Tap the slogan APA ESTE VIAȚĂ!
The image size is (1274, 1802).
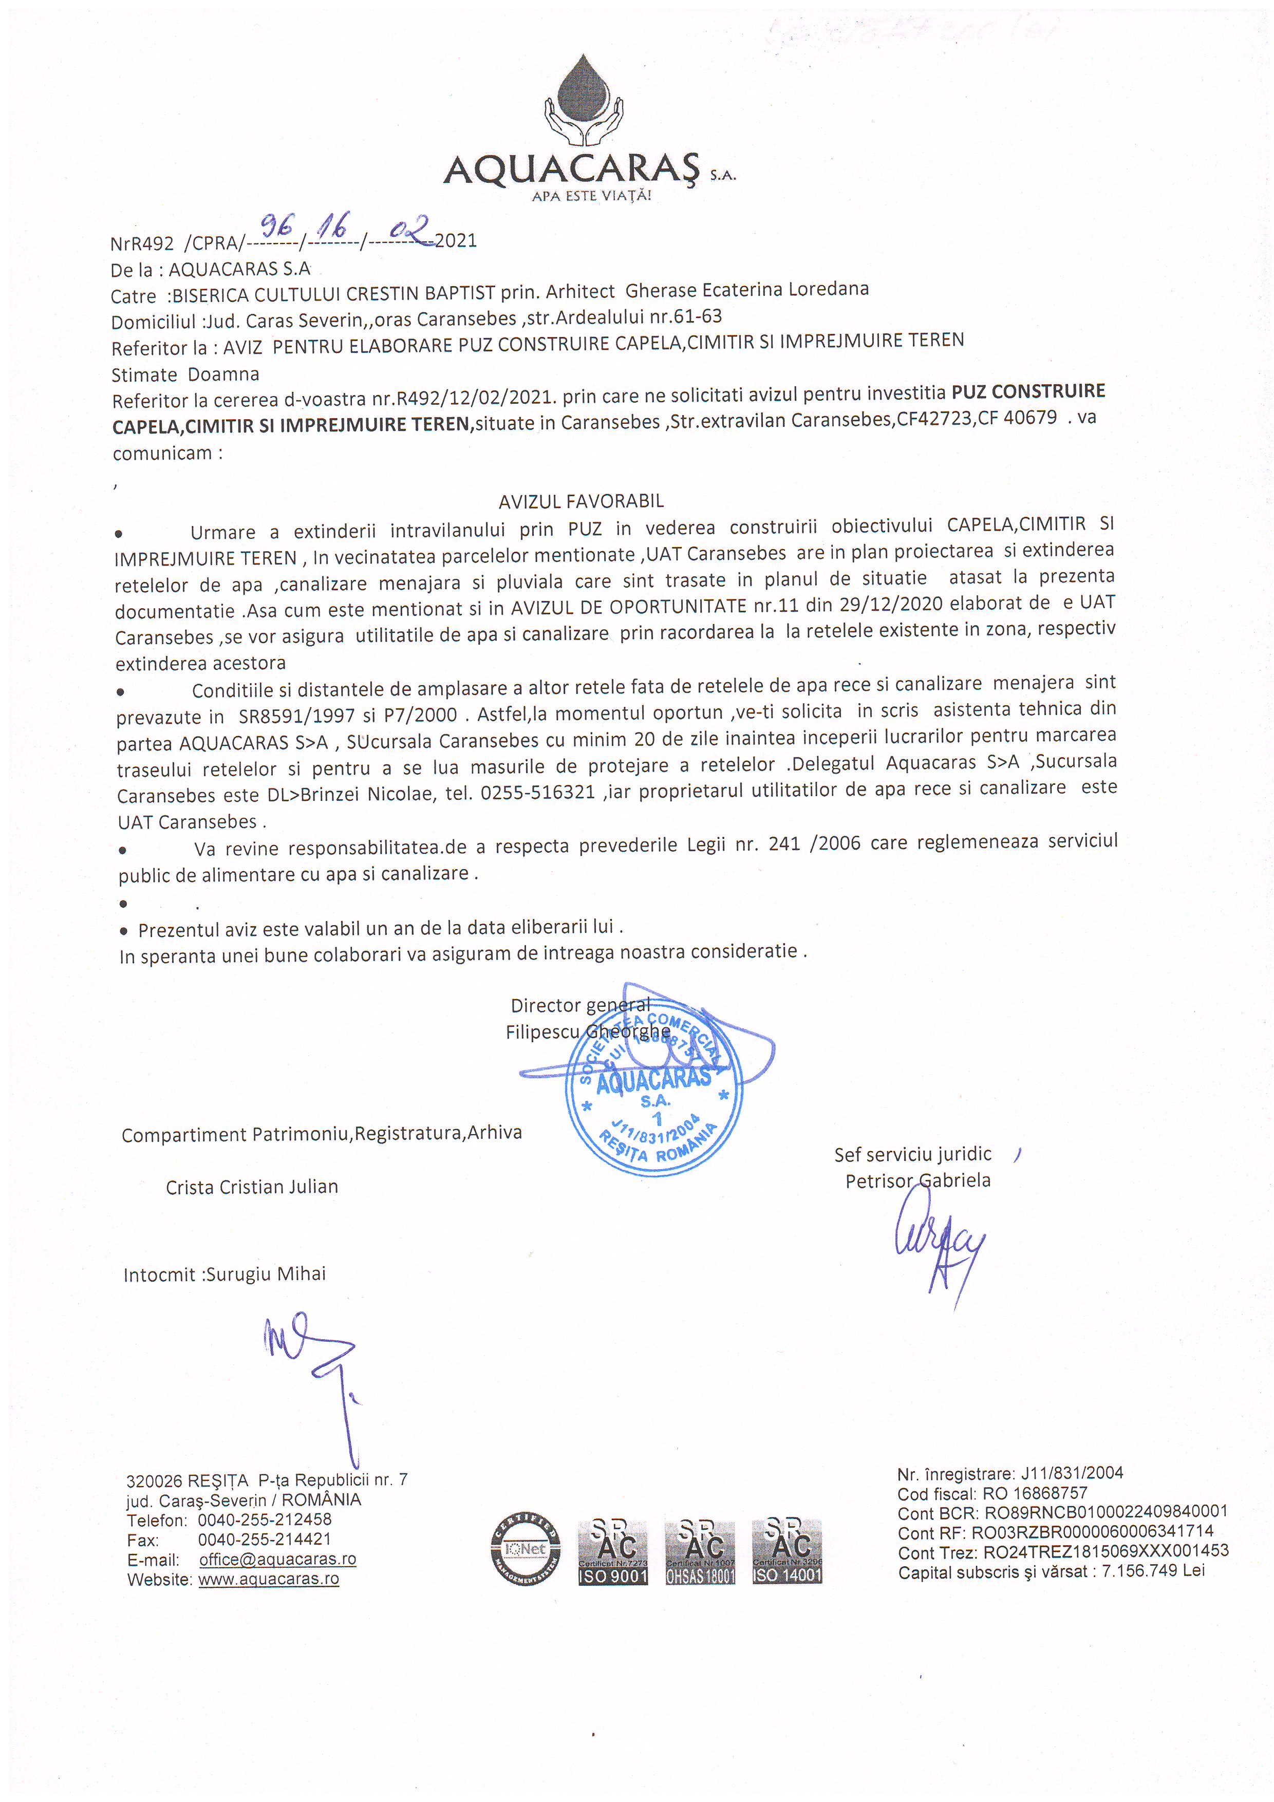591,195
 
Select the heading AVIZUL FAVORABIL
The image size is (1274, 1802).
581,501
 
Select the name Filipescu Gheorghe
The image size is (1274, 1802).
587,1032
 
